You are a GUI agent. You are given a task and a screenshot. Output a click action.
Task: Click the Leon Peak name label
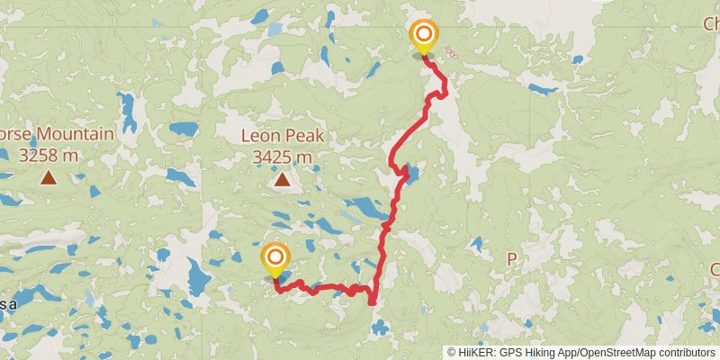[x=282, y=137]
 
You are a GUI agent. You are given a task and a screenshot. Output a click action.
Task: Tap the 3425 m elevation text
[x=282, y=157]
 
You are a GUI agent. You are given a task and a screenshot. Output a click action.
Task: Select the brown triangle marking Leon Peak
[x=283, y=181]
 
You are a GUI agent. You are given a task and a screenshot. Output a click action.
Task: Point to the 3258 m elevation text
[x=48, y=155]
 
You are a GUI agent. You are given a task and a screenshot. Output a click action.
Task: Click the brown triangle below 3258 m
[x=48, y=178]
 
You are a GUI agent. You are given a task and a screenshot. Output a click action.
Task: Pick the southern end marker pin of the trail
[x=274, y=260]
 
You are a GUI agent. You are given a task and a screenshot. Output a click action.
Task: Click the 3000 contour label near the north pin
[x=449, y=53]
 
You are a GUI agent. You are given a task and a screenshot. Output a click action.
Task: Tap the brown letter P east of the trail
[x=512, y=258]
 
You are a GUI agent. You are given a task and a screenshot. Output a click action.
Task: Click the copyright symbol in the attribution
[x=451, y=352]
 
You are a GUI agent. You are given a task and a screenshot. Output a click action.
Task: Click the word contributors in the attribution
[x=685, y=352]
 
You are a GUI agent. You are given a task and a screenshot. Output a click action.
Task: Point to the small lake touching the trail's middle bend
[x=411, y=173]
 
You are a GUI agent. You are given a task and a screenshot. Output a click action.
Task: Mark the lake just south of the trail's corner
[x=380, y=329]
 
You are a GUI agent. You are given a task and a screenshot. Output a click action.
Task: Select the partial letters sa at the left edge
[x=7, y=304]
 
